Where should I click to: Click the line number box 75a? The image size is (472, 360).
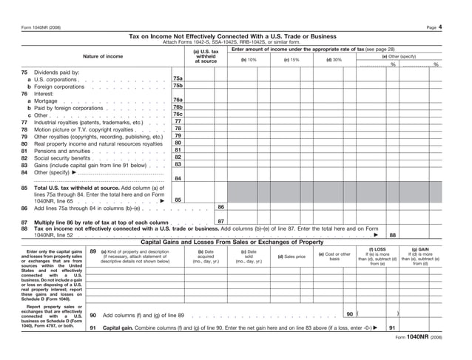(x=178, y=78)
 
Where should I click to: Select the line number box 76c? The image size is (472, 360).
(x=178, y=115)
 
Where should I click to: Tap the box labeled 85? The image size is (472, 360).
(x=178, y=200)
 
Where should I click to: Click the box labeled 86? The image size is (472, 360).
(x=221, y=208)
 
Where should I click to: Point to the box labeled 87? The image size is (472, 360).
(x=221, y=222)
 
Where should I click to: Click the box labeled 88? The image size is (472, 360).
(x=392, y=235)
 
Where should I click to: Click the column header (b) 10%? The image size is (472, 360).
(x=249, y=60)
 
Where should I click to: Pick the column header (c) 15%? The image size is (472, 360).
(x=291, y=60)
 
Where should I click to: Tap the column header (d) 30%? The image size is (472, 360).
(x=334, y=60)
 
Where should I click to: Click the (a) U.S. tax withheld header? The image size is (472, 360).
(x=205, y=57)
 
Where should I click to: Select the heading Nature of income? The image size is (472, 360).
(x=103, y=57)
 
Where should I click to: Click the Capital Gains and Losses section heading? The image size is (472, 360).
(x=232, y=242)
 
